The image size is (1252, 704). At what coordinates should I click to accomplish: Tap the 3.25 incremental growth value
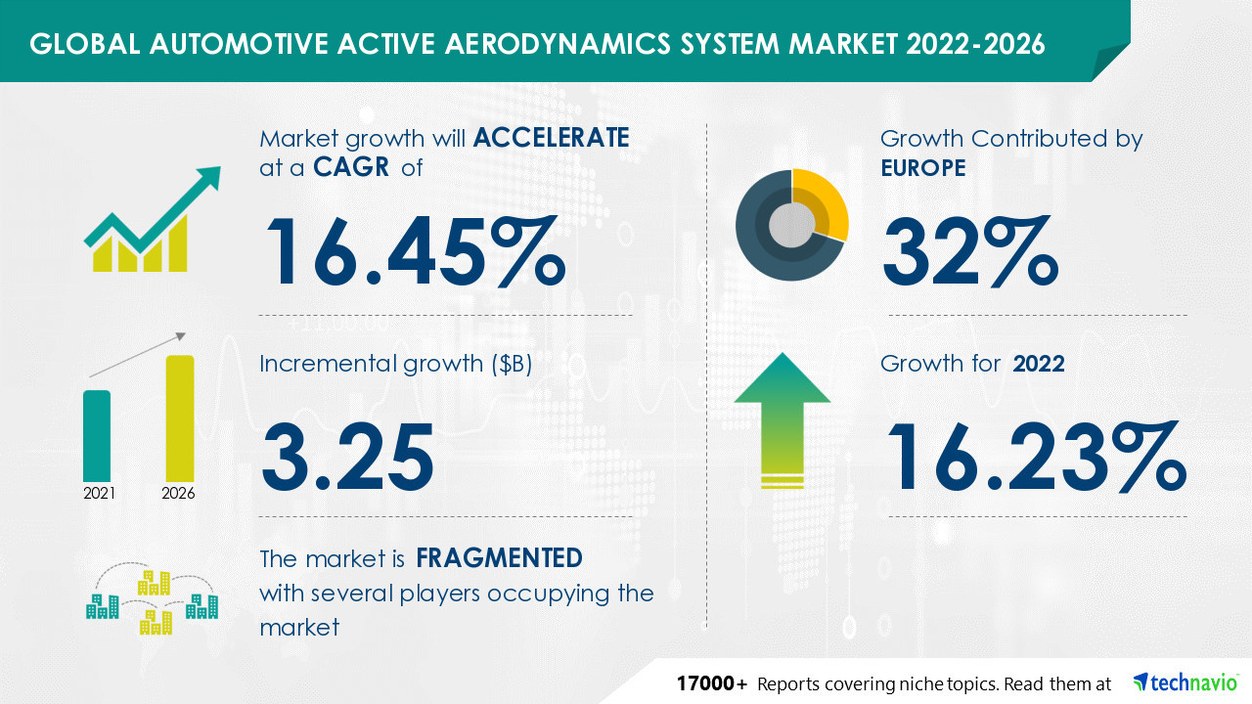(347, 457)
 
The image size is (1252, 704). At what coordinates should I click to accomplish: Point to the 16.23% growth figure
(1034, 457)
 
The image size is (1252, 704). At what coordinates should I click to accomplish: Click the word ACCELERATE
(551, 138)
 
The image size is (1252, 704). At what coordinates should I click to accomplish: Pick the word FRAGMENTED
(499, 558)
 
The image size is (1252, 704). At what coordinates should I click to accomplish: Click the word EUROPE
(922, 168)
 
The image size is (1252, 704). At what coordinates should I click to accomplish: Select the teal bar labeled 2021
(97, 434)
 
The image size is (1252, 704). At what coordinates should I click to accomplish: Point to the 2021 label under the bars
(98, 493)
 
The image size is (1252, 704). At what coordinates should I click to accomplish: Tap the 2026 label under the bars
(178, 493)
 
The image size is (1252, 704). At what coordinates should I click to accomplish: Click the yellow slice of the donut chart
(824, 199)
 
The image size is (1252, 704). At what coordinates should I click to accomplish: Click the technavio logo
(1185, 682)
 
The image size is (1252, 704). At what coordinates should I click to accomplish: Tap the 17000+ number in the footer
(712, 682)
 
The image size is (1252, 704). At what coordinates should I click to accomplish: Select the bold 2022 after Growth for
(1039, 364)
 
